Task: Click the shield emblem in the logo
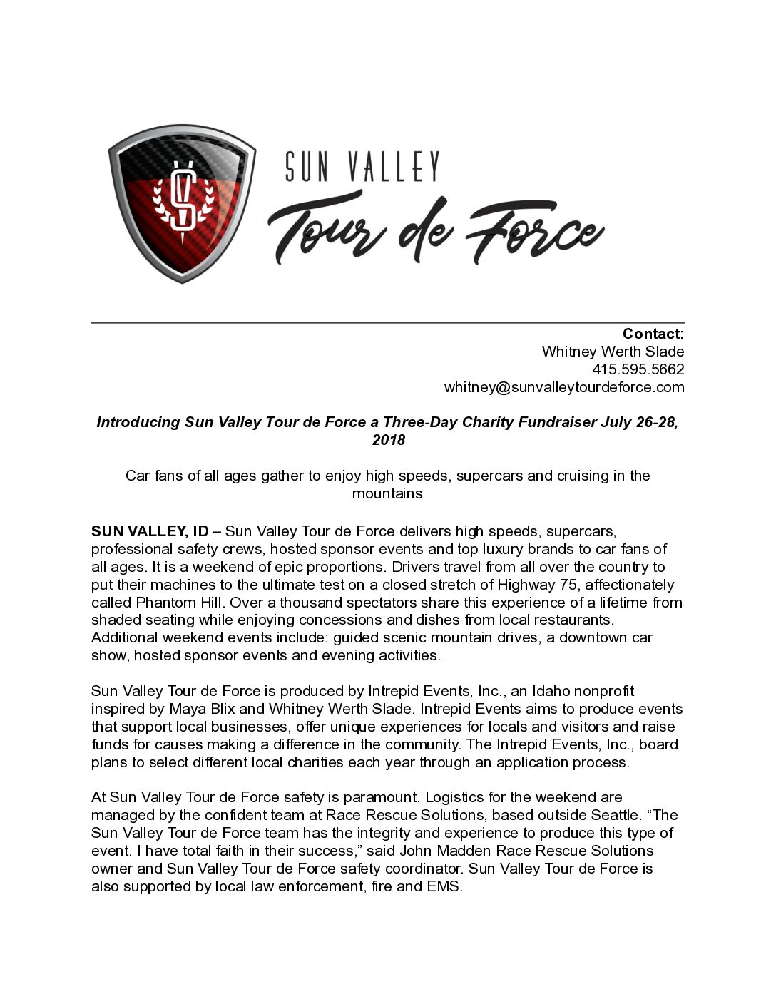tap(182, 203)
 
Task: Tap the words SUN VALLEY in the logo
tap(362, 166)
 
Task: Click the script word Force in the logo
tap(533, 232)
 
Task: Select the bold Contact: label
tap(653, 334)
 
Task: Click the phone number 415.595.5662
tap(638, 369)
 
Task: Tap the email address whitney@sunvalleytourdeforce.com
tap(563, 387)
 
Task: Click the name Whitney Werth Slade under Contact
tap(613, 352)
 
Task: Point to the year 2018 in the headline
tap(388, 440)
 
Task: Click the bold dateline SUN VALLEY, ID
tap(150, 531)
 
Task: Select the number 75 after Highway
tap(568, 585)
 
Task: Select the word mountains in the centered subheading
tap(387, 493)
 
